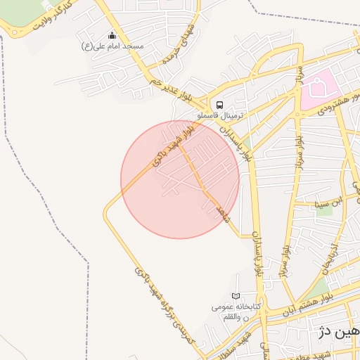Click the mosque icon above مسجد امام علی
pos(112,36)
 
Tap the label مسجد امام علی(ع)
pos(112,46)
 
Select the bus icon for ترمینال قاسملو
pos(220,103)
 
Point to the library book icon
pos(236,297)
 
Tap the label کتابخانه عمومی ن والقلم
pos(236,312)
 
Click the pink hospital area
pos(320,90)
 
